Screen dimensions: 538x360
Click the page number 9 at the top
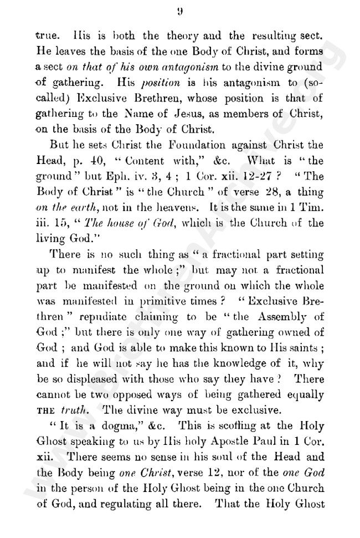click(x=181, y=10)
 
